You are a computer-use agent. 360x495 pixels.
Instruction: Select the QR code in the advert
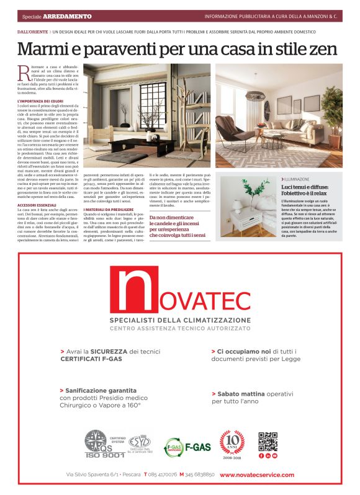tap(268, 441)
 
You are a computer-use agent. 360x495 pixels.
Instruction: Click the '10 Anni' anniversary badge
tap(232, 443)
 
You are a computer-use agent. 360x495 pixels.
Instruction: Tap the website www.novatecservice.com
tap(257, 475)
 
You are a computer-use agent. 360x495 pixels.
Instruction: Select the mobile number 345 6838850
tap(200, 475)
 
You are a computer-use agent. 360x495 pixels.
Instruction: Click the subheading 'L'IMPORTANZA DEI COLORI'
tap(42, 100)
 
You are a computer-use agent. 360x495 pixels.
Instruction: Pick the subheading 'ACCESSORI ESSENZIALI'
tap(39, 204)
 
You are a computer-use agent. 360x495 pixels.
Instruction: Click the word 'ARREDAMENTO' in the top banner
tap(71, 16)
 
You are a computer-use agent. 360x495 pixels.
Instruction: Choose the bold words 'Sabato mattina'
tap(240, 393)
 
